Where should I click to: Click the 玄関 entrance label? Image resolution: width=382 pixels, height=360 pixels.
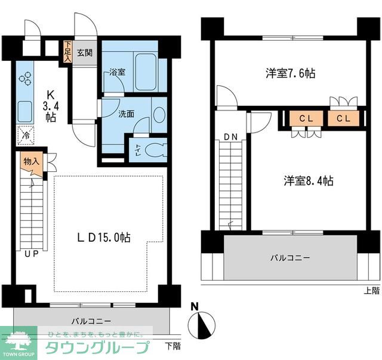coord(85,53)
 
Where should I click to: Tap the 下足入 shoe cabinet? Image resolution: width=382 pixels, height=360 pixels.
coord(68,53)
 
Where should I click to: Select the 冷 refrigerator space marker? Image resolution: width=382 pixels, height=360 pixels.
coord(26,136)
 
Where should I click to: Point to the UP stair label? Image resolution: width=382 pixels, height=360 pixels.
coord(32,253)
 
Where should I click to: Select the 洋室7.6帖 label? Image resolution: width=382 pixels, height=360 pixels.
coord(290,73)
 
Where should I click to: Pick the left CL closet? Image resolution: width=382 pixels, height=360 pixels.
coord(306,118)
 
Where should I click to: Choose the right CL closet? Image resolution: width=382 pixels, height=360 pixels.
coord(343,118)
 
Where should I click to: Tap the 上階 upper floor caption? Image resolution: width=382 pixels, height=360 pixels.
coord(371,291)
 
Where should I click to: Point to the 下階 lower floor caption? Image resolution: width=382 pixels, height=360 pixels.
coord(172,346)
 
